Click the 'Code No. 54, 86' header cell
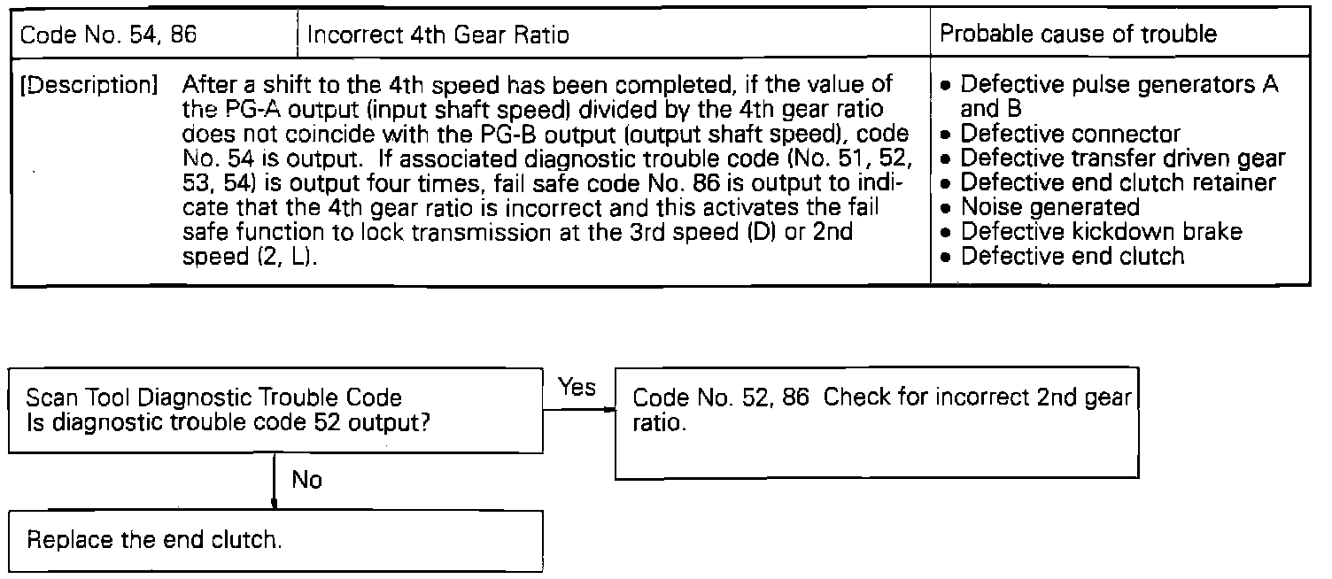tap(108, 35)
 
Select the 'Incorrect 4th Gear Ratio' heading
tap(438, 35)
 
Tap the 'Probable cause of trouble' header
tap(1078, 35)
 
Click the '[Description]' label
tap(88, 87)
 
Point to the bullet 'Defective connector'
tap(1070, 135)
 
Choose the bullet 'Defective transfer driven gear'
tap(1122, 158)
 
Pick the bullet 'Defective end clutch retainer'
tap(1118, 182)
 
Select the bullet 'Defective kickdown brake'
tap(1101, 231)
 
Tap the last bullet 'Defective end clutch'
tap(1072, 256)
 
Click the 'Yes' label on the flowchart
tap(577, 389)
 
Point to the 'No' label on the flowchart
tap(306, 480)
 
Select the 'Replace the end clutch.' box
tap(275, 540)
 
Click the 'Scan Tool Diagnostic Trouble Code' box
tap(275, 410)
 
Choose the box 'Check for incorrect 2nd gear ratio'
tap(876, 421)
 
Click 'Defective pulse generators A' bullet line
tap(1119, 86)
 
